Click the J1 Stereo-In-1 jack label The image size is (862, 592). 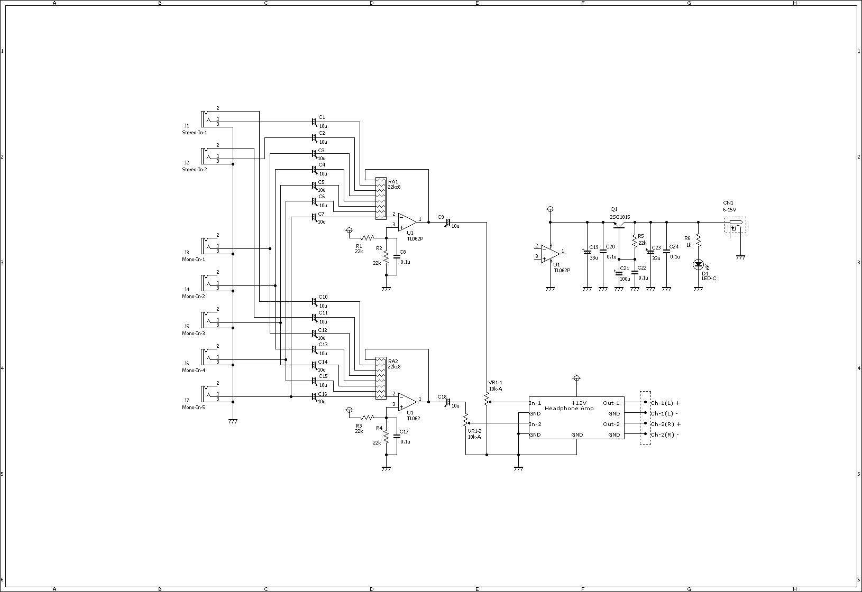(x=194, y=129)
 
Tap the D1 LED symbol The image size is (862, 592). (x=699, y=265)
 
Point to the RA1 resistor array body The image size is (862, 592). (x=381, y=199)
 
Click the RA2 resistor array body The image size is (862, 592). (x=381, y=378)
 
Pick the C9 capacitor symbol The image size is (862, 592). (x=448, y=223)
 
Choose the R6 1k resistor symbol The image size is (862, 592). (x=699, y=241)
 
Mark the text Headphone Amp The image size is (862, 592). (x=569, y=409)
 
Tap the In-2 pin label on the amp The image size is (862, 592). (x=535, y=424)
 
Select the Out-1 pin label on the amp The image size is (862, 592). (x=611, y=403)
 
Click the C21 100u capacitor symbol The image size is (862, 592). (x=619, y=273)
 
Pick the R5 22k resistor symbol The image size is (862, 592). (x=635, y=241)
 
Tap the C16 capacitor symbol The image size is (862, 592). (x=314, y=396)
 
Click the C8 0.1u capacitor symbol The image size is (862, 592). (x=397, y=256)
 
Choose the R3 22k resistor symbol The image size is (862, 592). (x=368, y=418)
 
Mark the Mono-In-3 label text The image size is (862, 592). (x=194, y=333)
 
